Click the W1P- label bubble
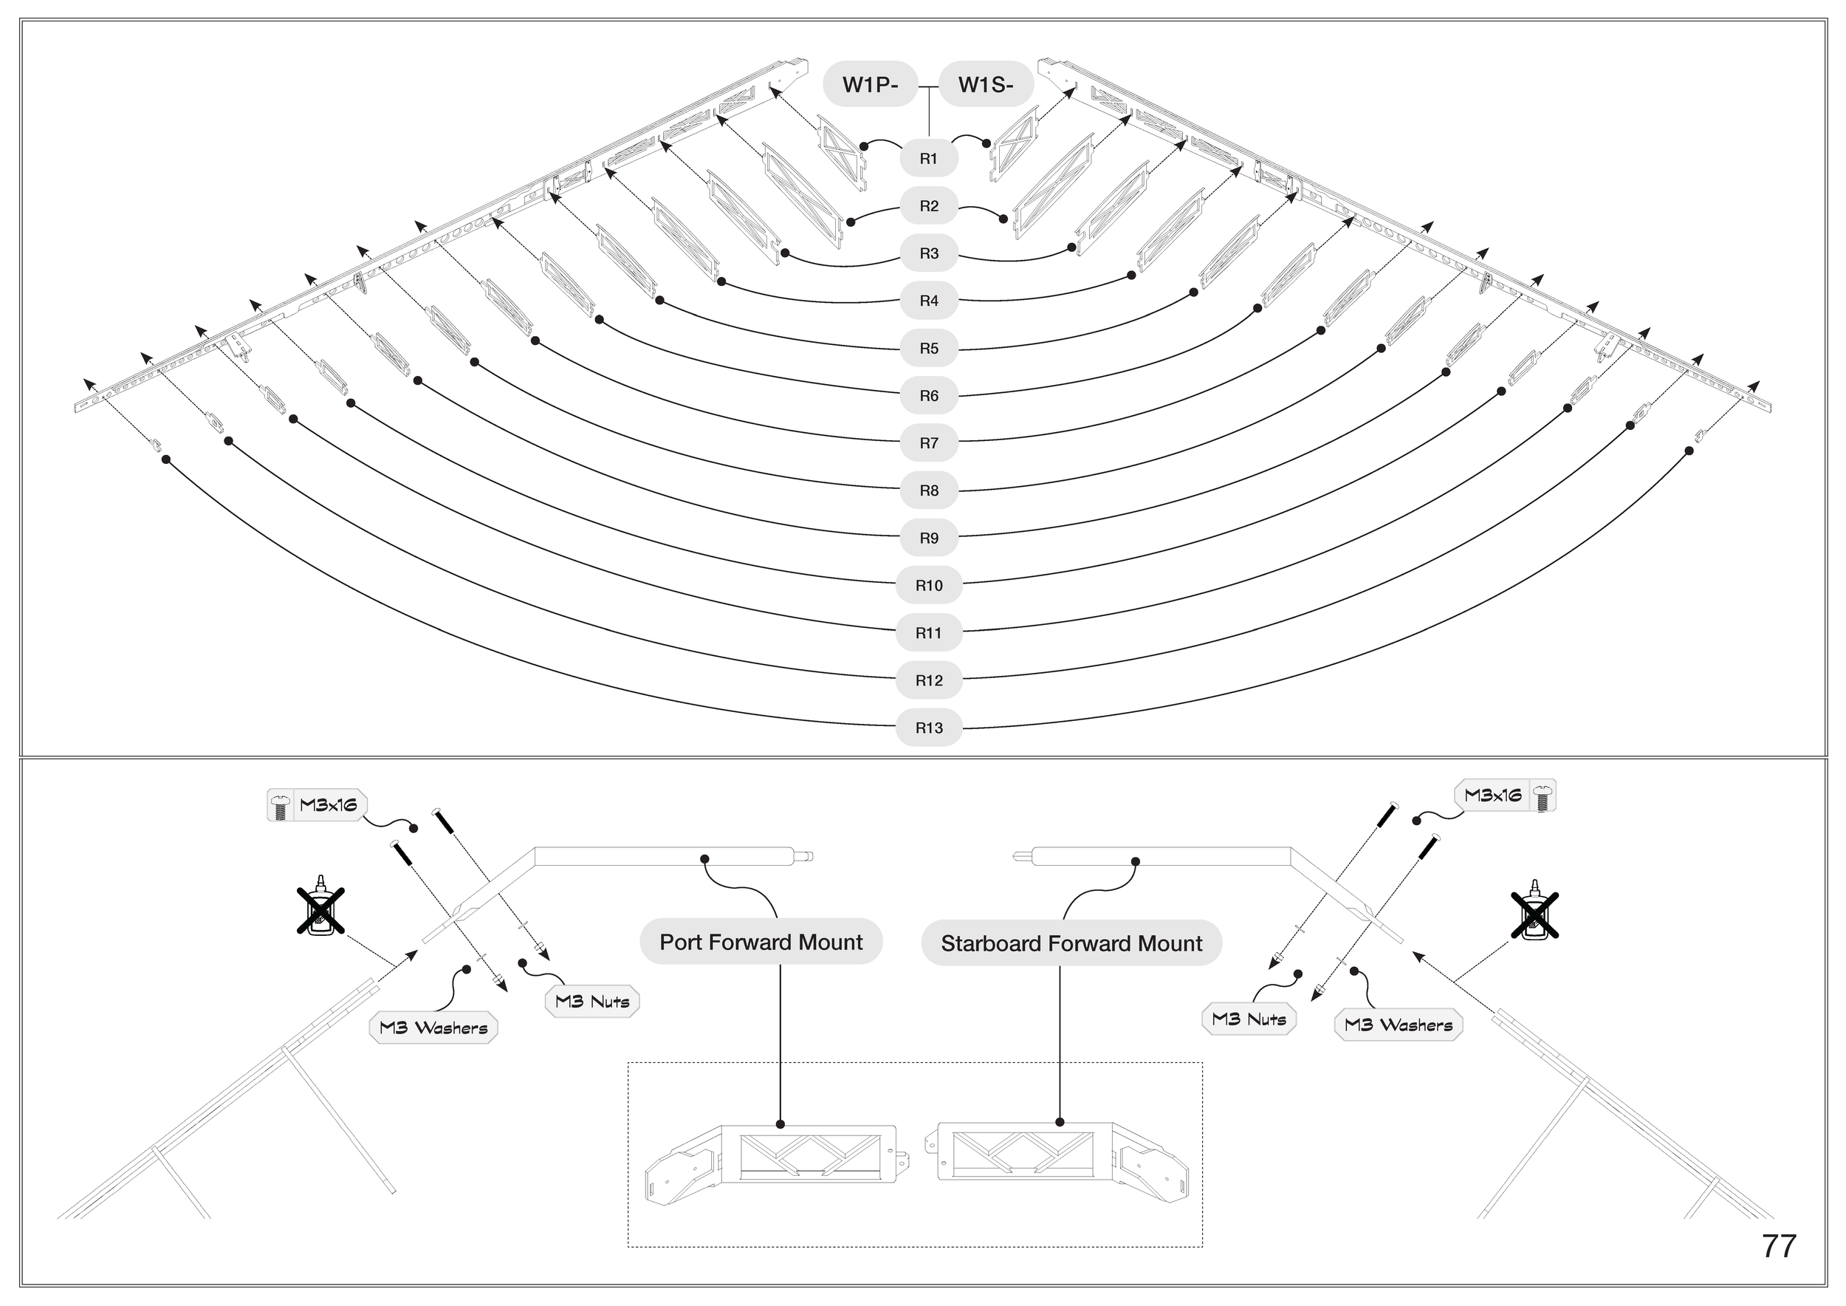[x=869, y=84]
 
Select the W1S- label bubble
[x=986, y=84]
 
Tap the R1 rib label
[x=929, y=158]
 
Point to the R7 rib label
[x=929, y=443]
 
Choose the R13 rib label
[x=929, y=728]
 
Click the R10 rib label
[x=929, y=586]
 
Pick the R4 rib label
[x=929, y=301]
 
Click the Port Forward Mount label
[x=761, y=942]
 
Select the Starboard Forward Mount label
[x=1071, y=943]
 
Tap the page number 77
[x=1779, y=1245]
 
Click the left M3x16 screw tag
[x=317, y=805]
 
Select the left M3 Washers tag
[x=433, y=1028]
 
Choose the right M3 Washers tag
[x=1399, y=1025]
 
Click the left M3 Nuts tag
[x=592, y=1002]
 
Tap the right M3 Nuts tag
[x=1249, y=1019]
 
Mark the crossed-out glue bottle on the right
[x=1534, y=914]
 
